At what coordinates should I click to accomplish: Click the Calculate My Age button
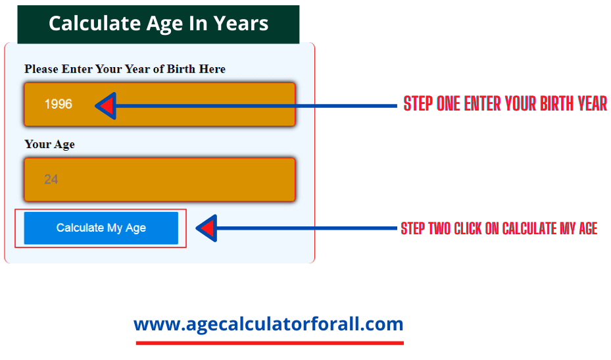[101, 228]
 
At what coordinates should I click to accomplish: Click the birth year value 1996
[59, 104]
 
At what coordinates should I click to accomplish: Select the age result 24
[51, 180]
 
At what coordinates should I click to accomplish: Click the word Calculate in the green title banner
[94, 24]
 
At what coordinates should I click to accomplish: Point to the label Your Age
[49, 145]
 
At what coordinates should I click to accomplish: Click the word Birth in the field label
[181, 69]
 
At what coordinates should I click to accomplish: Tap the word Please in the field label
[41, 69]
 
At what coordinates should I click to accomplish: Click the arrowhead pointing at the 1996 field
[106, 106]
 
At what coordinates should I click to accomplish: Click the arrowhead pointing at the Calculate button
[207, 228]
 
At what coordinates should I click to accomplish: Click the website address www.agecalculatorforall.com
[268, 324]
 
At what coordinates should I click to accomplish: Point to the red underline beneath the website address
[270, 344]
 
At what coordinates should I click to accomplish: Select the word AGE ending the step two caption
[588, 228]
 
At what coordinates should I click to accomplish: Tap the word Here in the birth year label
[212, 69]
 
